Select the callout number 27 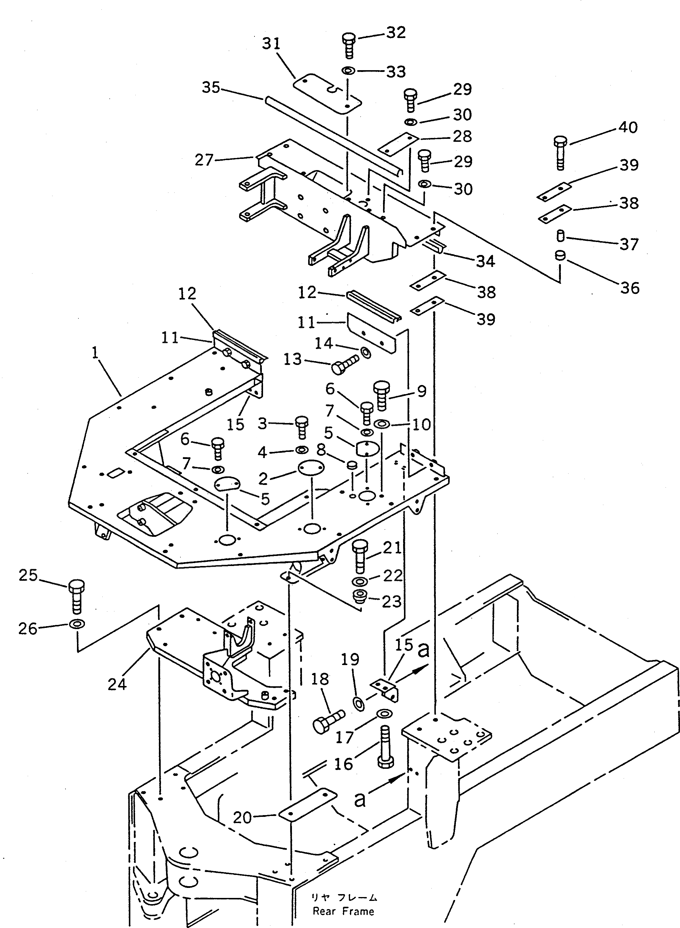pyautogui.click(x=204, y=160)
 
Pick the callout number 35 pyautogui.click(x=211, y=88)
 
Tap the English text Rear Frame pyautogui.click(x=343, y=911)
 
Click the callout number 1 pyautogui.click(x=95, y=353)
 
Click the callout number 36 pyautogui.click(x=629, y=288)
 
